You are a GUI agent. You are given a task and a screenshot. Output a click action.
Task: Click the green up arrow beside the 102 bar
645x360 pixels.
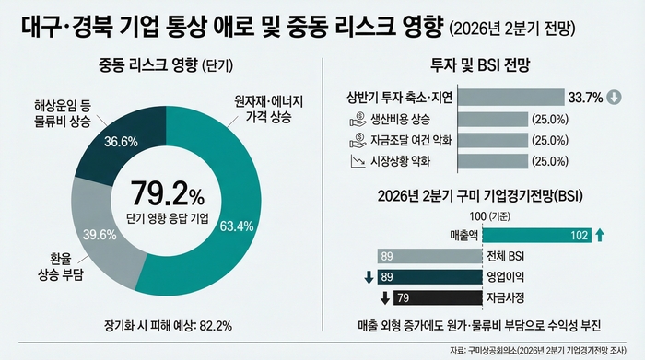click(600, 236)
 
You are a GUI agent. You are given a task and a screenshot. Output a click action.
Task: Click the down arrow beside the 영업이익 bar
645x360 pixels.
click(368, 276)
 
